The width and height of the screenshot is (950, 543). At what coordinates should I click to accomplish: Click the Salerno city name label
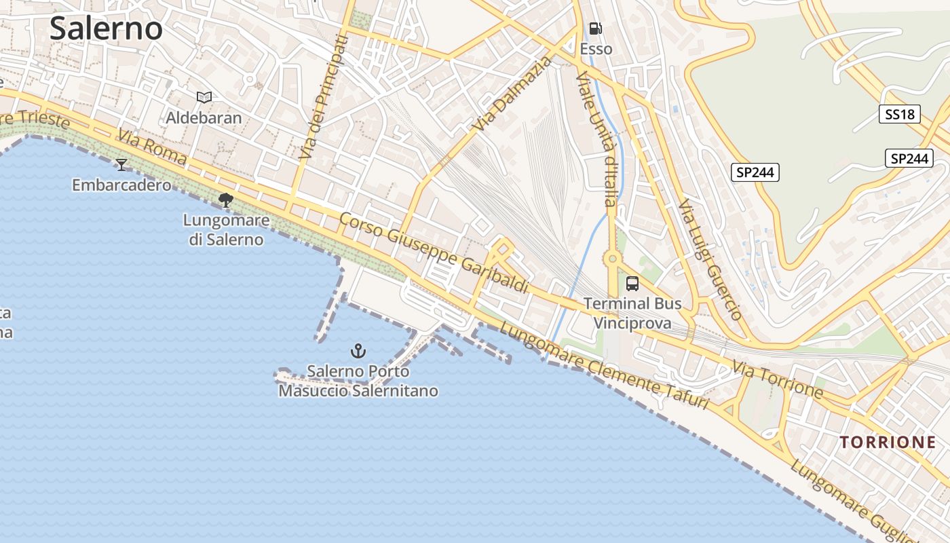coord(106,29)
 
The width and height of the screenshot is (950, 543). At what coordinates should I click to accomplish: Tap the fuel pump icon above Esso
coord(595,29)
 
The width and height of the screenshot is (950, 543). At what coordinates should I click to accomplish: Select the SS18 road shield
coord(900,114)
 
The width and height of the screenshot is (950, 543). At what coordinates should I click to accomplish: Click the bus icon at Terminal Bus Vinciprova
coord(632,284)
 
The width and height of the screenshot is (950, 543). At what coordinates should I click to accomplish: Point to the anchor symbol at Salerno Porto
coord(358,351)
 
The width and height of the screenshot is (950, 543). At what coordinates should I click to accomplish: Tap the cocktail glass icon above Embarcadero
coord(121,164)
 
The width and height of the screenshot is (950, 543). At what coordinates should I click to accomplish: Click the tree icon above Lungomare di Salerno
coord(225,200)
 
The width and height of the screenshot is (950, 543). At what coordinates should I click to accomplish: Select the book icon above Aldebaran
coord(204,97)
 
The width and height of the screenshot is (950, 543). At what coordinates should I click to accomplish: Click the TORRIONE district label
coord(888,443)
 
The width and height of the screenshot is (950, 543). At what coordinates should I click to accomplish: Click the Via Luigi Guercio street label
coord(710,259)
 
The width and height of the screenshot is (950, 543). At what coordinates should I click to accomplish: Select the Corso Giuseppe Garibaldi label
coord(434,252)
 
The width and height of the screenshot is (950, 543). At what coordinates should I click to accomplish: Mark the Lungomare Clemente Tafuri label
coord(604,367)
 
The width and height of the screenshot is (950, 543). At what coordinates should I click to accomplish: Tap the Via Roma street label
coord(152,147)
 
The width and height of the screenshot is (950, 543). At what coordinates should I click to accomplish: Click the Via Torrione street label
coord(777,379)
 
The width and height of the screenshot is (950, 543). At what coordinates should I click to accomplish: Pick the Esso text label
coord(596,49)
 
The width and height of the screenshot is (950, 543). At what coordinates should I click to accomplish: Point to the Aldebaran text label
coord(204,117)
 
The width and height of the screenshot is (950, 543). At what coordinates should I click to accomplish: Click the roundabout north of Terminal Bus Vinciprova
coord(612,258)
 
